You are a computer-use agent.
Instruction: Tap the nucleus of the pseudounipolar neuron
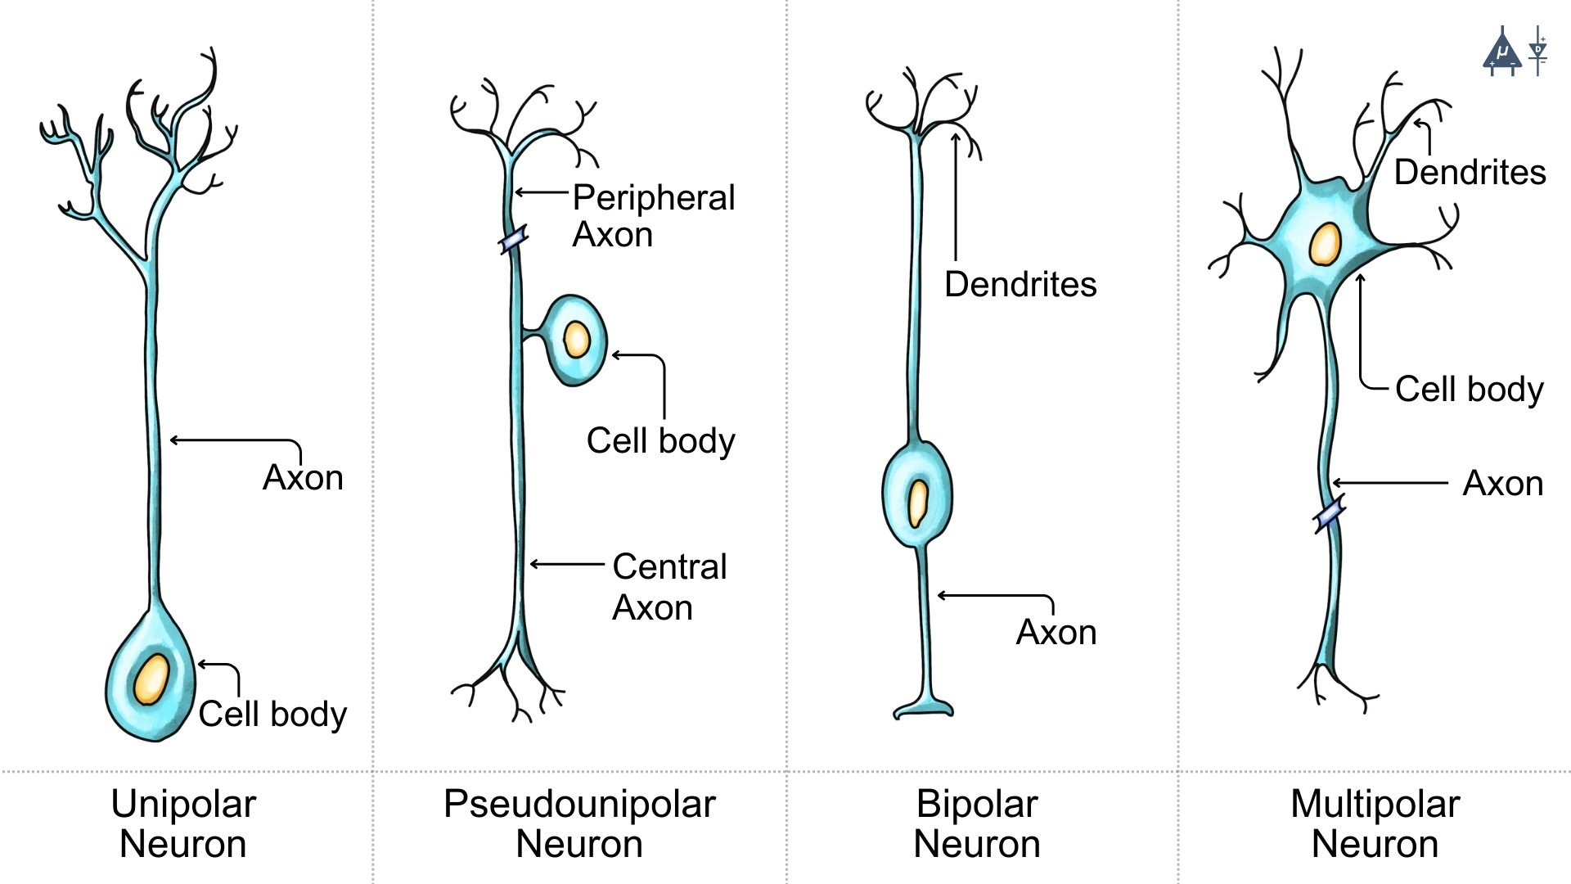pos(577,339)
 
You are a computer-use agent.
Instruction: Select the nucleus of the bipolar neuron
pos(918,502)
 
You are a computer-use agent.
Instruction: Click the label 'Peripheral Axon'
pos(653,216)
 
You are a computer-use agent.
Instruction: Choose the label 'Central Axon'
pos(669,586)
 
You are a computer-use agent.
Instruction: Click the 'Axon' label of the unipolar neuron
pos(303,478)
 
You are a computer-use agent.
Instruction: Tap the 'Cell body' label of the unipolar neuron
pos(272,714)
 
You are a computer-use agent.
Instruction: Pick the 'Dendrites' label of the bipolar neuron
pos(1020,285)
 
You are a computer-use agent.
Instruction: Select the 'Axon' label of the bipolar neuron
pos(1056,633)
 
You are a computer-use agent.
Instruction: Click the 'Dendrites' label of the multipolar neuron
pos(1470,173)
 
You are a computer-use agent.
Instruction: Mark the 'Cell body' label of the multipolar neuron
pos(1469,389)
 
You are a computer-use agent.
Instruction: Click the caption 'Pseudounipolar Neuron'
pos(579,823)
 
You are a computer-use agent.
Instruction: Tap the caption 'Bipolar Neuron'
pos(977,823)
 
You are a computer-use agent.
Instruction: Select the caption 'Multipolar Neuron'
pos(1375,823)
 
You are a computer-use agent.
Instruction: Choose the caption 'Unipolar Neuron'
pos(183,823)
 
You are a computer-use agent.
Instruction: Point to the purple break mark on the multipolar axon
pos(1329,516)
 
